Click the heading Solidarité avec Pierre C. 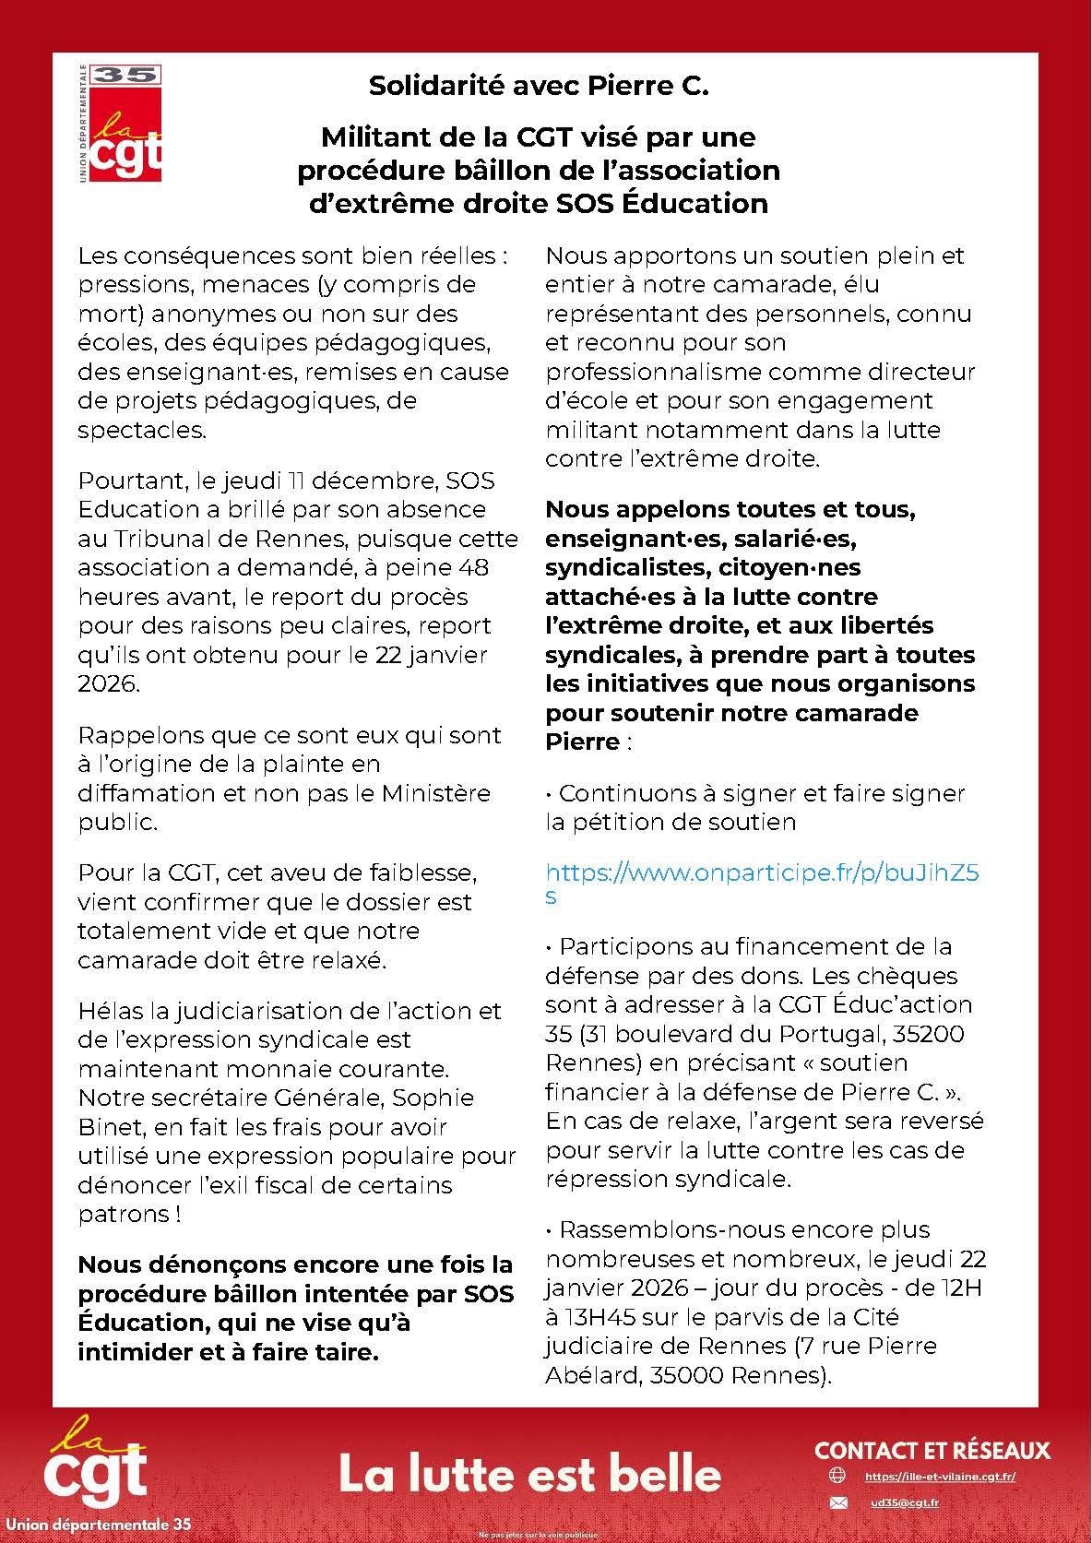pos(539,87)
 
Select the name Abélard pos(591,1374)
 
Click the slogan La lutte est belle pos(530,1474)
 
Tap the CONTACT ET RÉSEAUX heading pos(932,1450)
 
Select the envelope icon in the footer pos(837,1502)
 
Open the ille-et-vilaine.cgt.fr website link pos(940,1476)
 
